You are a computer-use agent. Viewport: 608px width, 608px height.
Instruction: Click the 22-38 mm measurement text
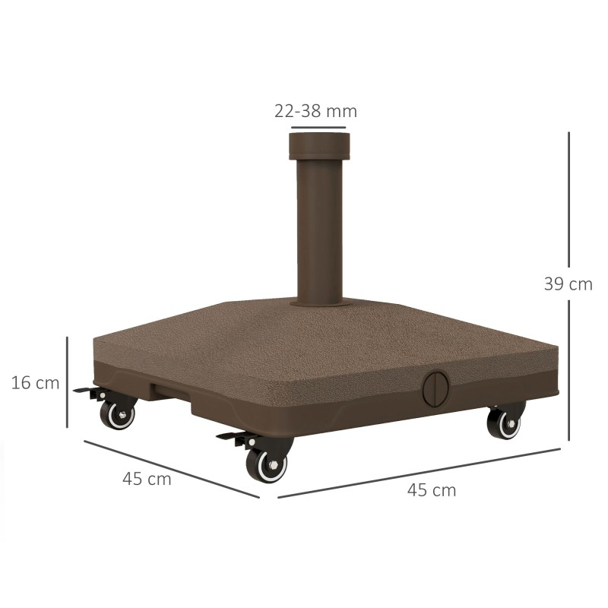315,111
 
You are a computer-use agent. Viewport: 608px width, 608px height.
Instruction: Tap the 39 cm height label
568,284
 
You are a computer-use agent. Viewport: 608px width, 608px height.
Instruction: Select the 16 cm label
35,383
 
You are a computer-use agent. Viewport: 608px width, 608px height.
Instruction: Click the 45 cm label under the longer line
432,490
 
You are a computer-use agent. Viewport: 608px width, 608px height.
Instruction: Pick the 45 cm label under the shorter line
147,480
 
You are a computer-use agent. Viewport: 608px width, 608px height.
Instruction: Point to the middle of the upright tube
318,228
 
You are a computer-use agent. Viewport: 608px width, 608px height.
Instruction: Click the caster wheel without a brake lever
505,423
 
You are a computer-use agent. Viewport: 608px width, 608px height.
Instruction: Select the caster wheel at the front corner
267,463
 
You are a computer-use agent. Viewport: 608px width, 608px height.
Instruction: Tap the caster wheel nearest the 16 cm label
118,414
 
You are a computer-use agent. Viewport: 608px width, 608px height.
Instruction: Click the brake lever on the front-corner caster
234,437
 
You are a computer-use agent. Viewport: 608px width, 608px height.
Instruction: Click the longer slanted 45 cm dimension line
418,473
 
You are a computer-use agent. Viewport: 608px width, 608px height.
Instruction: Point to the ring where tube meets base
318,302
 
